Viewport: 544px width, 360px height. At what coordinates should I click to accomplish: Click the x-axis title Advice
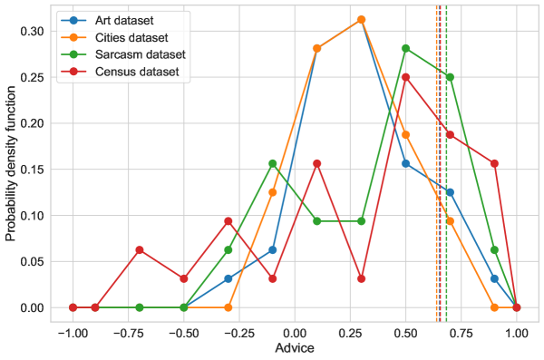pos(295,349)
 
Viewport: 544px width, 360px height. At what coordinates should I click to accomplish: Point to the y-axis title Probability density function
pos(12,163)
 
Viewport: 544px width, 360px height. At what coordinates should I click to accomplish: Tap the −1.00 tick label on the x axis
pos(73,332)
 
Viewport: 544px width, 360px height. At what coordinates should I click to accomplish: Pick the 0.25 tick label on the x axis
pos(350,332)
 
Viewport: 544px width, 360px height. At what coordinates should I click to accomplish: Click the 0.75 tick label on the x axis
pos(461,332)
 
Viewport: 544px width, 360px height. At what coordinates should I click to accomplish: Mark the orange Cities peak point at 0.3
pos(361,19)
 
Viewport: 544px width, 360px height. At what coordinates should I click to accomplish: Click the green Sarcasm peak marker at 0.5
pos(405,48)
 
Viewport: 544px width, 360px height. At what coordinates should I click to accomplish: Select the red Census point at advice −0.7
pos(140,250)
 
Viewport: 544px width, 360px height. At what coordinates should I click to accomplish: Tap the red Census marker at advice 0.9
pos(494,164)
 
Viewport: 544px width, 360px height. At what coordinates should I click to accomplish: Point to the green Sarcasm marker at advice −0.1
pos(272,164)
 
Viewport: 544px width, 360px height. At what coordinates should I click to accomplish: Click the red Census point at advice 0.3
pos(361,278)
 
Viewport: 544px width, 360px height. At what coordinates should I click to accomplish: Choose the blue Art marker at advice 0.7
pos(450,192)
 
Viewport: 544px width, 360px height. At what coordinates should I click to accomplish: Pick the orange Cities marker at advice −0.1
pos(272,192)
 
